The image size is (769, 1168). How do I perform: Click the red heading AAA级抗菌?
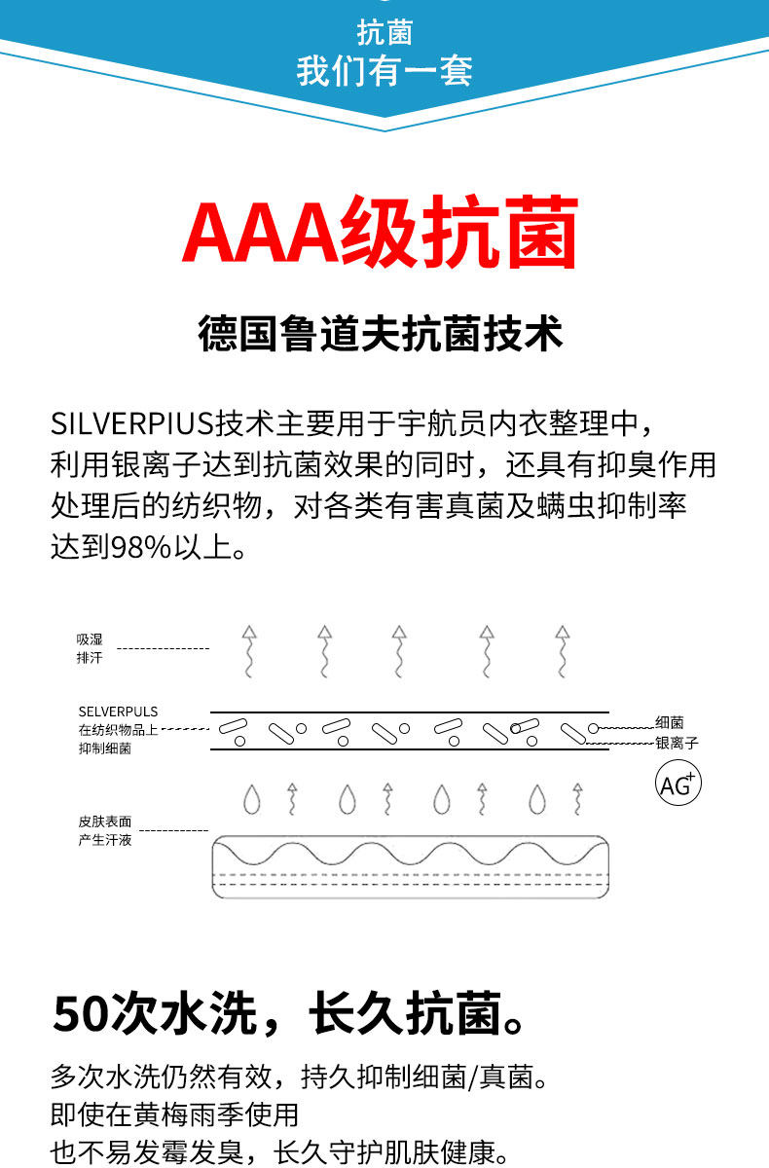point(381,234)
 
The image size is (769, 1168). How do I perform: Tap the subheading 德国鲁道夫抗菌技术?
point(381,333)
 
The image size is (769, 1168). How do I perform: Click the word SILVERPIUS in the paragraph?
point(131,424)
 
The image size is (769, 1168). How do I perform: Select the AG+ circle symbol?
point(677,785)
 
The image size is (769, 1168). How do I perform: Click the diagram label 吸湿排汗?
point(90,648)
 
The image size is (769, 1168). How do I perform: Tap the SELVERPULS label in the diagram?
point(118,712)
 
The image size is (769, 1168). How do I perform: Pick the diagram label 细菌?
point(670,722)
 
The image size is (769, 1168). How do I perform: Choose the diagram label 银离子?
point(677,743)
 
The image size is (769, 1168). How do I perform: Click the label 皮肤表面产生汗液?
point(105,830)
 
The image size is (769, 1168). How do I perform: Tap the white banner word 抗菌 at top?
point(384,33)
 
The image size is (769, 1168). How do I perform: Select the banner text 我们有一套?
point(384,71)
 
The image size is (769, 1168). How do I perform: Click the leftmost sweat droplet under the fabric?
point(253,799)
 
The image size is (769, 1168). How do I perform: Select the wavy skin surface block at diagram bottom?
point(410,866)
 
